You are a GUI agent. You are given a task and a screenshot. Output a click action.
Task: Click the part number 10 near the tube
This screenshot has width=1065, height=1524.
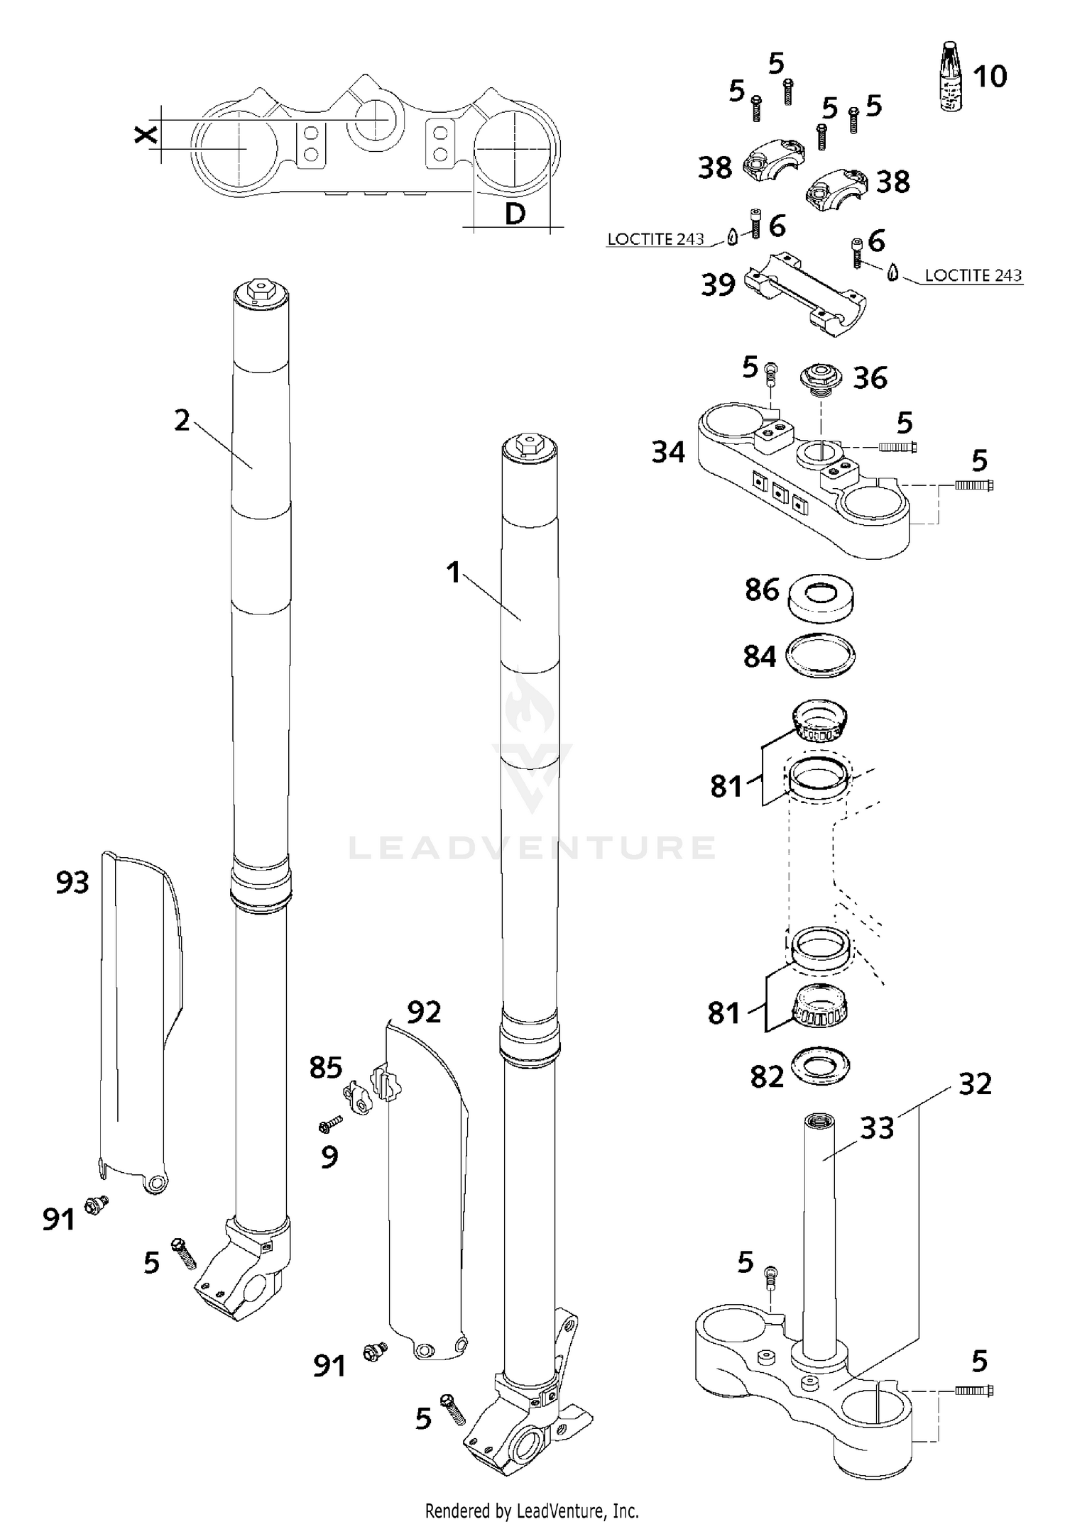tap(990, 77)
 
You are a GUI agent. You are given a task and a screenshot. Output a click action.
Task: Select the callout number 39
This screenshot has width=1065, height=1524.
tap(718, 285)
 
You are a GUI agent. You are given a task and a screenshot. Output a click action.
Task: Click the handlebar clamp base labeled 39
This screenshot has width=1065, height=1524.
tap(804, 292)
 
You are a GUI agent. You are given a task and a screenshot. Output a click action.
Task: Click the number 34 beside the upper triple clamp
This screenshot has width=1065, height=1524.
tap(668, 453)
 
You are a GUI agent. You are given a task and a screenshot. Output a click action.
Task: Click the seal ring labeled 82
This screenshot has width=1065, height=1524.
tap(819, 1066)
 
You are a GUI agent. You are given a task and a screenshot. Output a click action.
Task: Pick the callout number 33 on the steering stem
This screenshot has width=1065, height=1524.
tap(876, 1128)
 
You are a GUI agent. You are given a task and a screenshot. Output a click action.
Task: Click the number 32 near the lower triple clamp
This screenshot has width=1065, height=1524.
tap(974, 1084)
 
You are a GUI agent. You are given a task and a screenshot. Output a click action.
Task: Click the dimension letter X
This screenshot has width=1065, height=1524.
tap(146, 135)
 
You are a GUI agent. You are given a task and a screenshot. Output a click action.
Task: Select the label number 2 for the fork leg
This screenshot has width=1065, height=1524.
tap(182, 421)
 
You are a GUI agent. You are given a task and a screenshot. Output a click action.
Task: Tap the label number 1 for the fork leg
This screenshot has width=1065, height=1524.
tap(453, 573)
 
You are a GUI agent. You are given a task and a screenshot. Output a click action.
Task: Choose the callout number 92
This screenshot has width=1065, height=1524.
tap(424, 1012)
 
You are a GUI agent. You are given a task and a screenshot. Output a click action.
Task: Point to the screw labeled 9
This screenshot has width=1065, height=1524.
tap(331, 1123)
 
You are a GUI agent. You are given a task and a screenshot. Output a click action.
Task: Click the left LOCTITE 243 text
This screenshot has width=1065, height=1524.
tap(655, 240)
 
